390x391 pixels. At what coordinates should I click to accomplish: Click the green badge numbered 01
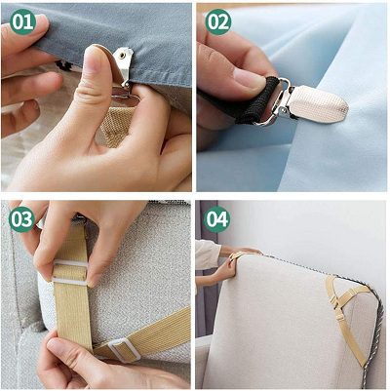pyautogui.click(x=22, y=21)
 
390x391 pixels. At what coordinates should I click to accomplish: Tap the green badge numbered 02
pyautogui.click(x=218, y=21)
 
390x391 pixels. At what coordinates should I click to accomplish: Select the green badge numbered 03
pyautogui.click(x=22, y=219)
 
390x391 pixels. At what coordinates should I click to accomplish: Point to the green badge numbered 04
pyautogui.click(x=217, y=219)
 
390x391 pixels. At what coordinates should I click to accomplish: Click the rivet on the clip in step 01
pyautogui.click(x=122, y=56)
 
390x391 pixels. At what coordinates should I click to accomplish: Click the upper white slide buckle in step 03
pyautogui.click(x=70, y=271)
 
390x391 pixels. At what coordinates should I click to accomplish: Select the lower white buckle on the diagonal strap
pyautogui.click(x=124, y=350)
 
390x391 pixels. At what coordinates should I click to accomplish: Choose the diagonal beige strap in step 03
pyautogui.click(x=143, y=334)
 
